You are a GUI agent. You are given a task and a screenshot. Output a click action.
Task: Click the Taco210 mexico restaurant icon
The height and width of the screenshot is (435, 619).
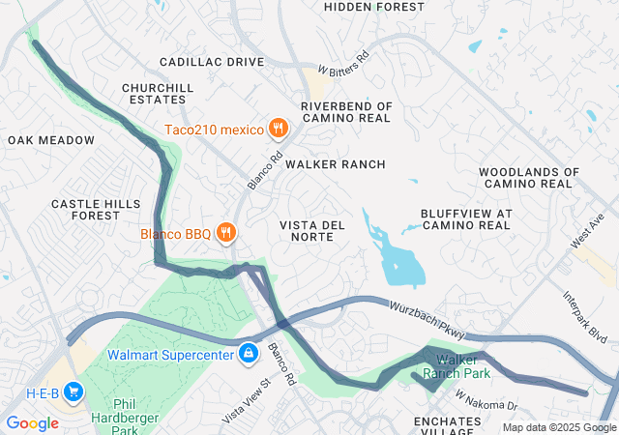278,128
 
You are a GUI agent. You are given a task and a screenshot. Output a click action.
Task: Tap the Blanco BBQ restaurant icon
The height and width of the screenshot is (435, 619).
225,233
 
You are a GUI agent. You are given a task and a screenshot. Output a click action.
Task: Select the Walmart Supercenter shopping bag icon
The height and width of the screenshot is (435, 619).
249,354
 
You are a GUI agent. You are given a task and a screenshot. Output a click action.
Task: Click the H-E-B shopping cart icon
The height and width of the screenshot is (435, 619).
74,392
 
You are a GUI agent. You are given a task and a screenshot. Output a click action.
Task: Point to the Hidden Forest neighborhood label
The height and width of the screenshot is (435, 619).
373,7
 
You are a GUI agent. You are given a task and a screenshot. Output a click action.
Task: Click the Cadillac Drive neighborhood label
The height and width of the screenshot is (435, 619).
212,62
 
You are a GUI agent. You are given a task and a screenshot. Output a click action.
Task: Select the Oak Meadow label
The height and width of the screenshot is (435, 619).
51,140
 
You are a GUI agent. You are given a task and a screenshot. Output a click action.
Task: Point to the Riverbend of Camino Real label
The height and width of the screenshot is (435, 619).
346,111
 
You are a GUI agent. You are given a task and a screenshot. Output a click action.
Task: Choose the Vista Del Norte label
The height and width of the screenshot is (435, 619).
312,231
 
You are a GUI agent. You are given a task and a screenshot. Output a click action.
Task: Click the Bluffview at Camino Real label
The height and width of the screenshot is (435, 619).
465,218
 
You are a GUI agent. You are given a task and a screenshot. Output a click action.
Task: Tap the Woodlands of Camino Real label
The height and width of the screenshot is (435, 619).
528,178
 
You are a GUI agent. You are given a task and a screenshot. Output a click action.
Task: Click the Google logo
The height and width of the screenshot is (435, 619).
32,423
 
